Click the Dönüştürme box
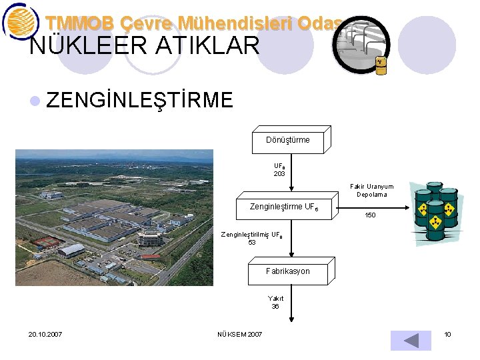pyautogui.click(x=288, y=140)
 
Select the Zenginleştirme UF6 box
pyautogui.click(x=283, y=207)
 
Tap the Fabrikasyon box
pyautogui.click(x=288, y=271)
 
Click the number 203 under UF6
pyautogui.click(x=279, y=173)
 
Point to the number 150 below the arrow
pyautogui.click(x=370, y=215)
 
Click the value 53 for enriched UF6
pyautogui.click(x=252, y=243)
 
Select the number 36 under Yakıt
pyautogui.click(x=275, y=307)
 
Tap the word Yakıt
pyautogui.click(x=275, y=299)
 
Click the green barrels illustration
pyautogui.click(x=436, y=212)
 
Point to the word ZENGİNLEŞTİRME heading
pyautogui.click(x=140, y=100)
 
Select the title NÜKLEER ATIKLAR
pyautogui.click(x=145, y=45)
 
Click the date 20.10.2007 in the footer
pyautogui.click(x=45, y=334)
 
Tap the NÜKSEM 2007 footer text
pyautogui.click(x=240, y=334)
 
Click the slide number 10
pyautogui.click(x=448, y=334)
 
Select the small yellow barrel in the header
pyautogui.click(x=381, y=65)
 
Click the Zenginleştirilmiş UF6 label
pyautogui.click(x=252, y=235)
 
